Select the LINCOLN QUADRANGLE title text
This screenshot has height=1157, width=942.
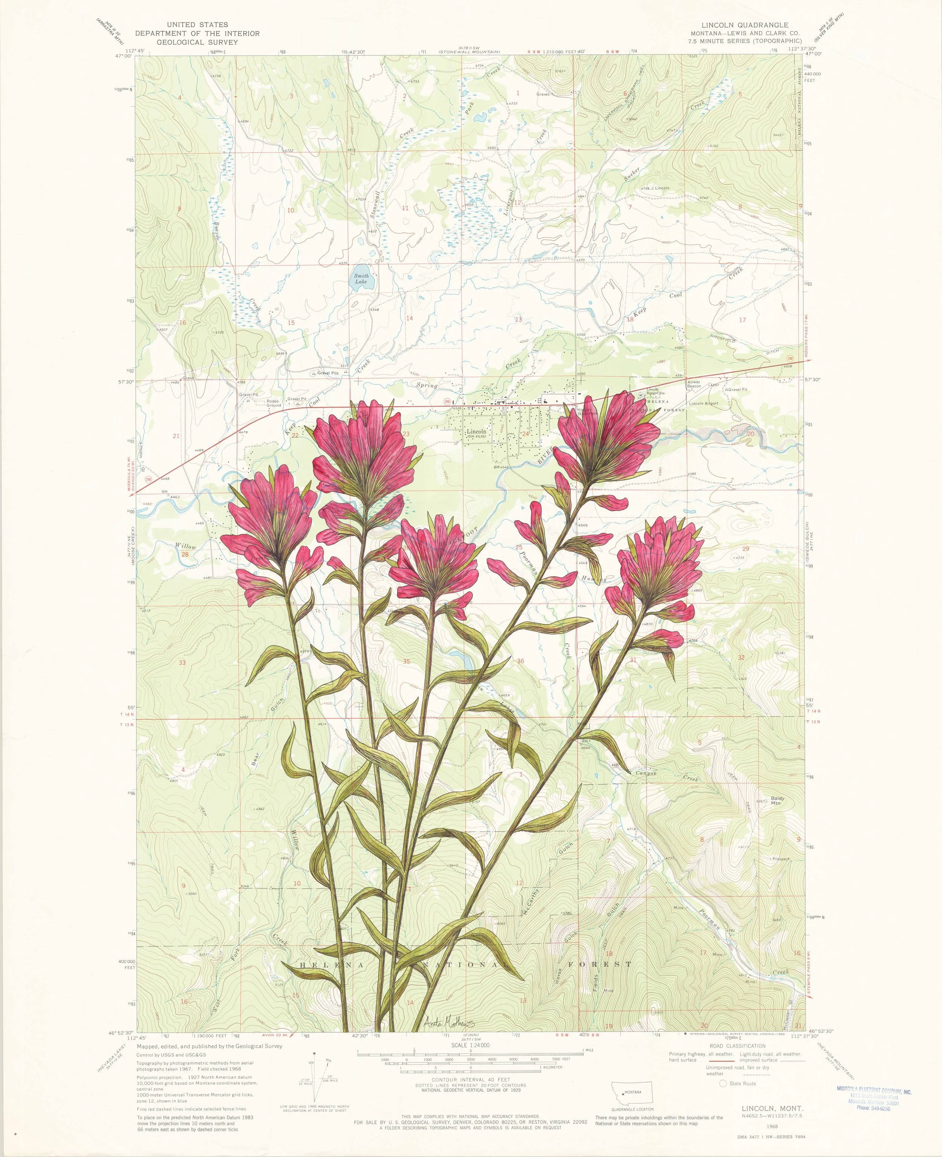745,25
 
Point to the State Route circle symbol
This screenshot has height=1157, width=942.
723,1084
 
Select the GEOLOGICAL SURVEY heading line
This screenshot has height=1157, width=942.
197,42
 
